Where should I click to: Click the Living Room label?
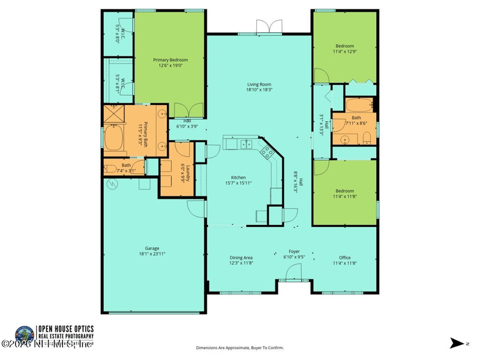(259, 85)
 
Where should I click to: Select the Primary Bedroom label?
(170, 60)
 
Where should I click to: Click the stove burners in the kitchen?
(266, 153)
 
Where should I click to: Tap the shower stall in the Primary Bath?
(113, 114)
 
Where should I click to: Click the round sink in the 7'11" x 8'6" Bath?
(344, 139)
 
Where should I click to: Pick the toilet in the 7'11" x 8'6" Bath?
(367, 139)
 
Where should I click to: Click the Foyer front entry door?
(294, 273)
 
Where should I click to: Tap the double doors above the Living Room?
(268, 26)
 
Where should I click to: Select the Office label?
(344, 258)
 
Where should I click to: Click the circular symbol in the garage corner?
(110, 185)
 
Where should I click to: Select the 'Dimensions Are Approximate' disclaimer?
(240, 347)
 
